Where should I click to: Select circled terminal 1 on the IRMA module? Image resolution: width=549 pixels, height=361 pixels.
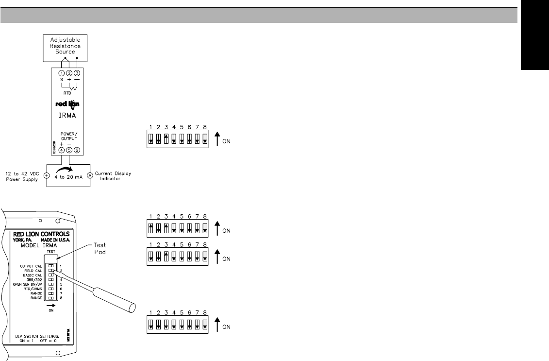(x=61, y=73)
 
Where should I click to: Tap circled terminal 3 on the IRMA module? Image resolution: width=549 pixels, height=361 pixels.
(x=76, y=73)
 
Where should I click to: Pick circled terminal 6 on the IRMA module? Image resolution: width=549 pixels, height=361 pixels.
(x=76, y=150)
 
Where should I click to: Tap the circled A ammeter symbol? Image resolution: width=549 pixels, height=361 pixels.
(x=90, y=176)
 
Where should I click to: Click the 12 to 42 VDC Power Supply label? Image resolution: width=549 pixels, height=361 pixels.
(x=22, y=176)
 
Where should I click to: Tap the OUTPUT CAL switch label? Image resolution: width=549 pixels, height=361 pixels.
(x=31, y=267)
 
